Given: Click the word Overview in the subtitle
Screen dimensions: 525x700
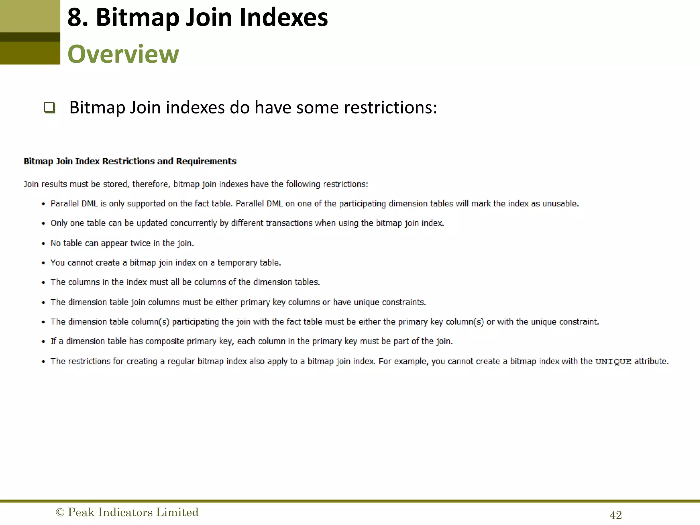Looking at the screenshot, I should (123, 54).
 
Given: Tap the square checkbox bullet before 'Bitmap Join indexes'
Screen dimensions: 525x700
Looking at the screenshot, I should (50, 108).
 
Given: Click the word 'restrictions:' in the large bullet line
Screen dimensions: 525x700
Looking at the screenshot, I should (390, 108).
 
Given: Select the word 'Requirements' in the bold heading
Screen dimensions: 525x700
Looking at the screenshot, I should (206, 161).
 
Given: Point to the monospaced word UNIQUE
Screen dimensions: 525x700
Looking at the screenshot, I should (613, 362).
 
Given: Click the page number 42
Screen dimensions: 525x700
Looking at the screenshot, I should (616, 515).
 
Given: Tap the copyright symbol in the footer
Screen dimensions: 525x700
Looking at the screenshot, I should (60, 512).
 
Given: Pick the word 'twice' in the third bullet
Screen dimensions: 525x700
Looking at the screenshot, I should (140, 243).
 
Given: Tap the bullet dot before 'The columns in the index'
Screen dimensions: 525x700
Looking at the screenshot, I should (43, 283).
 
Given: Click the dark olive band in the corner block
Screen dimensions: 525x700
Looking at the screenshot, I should (30, 37).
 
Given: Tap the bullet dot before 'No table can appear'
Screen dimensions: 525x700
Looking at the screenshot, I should (43, 244).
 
